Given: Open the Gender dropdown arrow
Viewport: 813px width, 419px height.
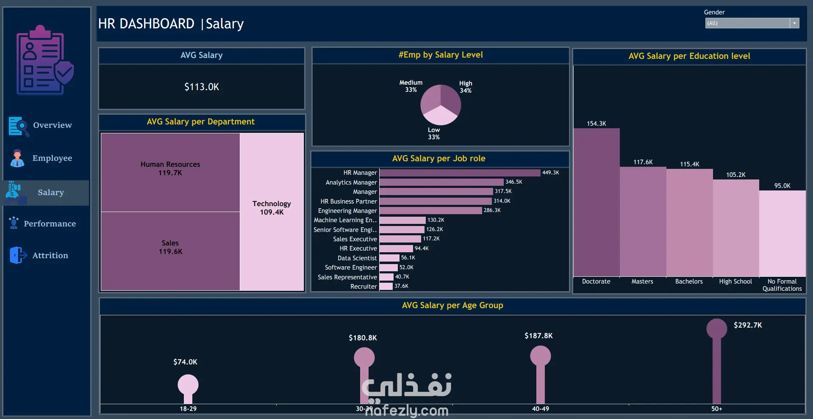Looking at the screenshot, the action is point(794,23).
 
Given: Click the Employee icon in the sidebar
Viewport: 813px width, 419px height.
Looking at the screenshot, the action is point(17,158).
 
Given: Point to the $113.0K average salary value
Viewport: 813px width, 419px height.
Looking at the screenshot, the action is point(202,87).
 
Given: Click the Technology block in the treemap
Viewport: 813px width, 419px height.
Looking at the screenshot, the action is point(272,212).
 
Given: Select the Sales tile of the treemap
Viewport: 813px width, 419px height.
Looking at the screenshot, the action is point(170,251).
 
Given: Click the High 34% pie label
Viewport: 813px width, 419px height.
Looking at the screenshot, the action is point(466,87).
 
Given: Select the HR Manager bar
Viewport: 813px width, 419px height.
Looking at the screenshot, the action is point(460,173).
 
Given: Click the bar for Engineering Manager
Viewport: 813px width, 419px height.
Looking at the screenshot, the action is point(431,210).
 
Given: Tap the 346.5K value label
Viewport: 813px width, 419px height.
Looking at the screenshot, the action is point(514,182).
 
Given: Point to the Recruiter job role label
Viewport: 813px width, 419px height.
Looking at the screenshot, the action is point(363,287).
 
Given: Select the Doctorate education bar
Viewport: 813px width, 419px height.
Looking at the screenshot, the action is point(597,202).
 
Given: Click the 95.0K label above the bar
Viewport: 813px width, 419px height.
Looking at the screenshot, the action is point(782,186).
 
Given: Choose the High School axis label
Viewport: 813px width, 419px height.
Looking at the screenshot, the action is point(735,281).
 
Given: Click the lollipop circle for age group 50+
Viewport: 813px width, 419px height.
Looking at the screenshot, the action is point(717,329).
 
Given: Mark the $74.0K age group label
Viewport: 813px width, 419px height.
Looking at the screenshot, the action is point(185,362).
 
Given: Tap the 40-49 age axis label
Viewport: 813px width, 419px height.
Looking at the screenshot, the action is point(541,409).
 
